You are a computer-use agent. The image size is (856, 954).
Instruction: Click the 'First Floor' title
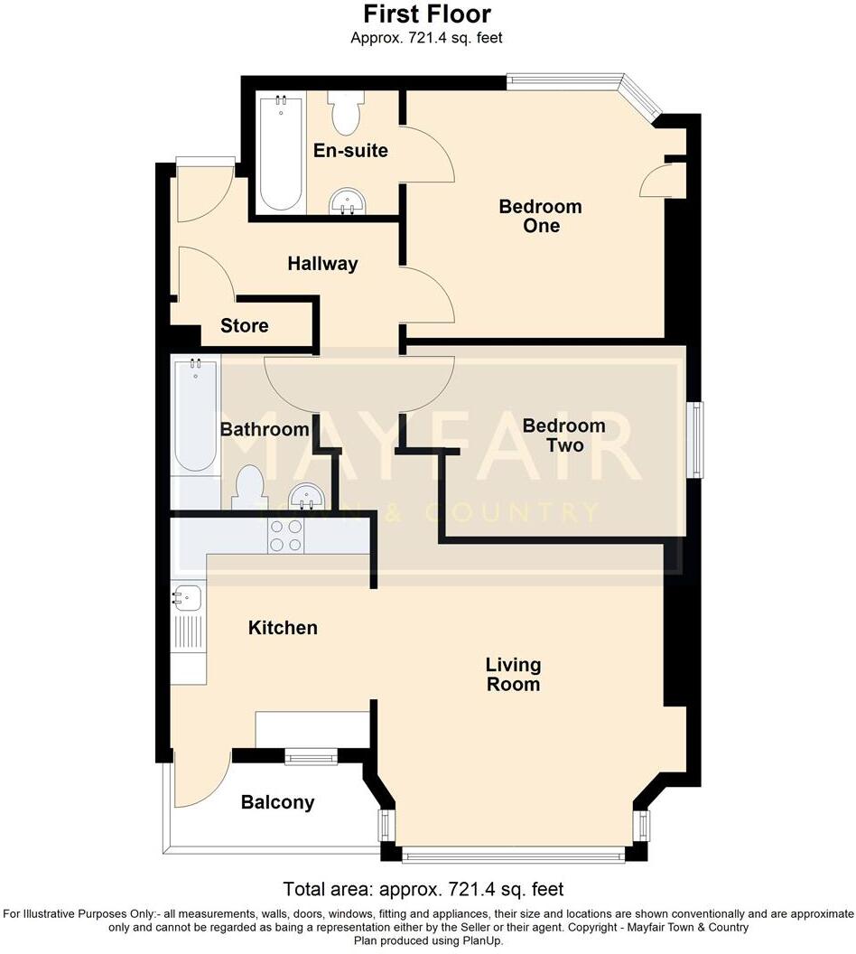tap(427, 14)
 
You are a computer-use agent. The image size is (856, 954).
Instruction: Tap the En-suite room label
tap(350, 150)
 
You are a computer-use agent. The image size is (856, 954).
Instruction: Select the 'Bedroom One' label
tap(540, 216)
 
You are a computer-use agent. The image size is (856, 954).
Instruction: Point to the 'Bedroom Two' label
tap(563, 435)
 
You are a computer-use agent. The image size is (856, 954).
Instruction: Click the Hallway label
tap(322, 264)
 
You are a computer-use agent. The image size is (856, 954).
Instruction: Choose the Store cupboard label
tap(244, 325)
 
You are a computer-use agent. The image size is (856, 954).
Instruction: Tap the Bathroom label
tap(265, 430)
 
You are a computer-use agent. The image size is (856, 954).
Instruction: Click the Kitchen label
tap(283, 627)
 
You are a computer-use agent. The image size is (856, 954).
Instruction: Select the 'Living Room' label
tap(513, 674)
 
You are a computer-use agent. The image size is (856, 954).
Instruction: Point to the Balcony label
tap(278, 802)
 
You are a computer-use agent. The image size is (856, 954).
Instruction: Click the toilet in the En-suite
tap(345, 113)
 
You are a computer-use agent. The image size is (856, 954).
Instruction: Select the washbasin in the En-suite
tap(344, 202)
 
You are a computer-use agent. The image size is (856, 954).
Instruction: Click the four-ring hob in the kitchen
tap(285, 538)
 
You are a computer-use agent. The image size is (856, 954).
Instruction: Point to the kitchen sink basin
tap(188, 597)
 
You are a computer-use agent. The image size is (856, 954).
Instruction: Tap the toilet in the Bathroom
tap(247, 489)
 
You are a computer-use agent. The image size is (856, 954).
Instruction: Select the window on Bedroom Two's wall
tap(696, 438)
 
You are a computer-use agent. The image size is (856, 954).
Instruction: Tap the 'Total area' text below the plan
tap(423, 889)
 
